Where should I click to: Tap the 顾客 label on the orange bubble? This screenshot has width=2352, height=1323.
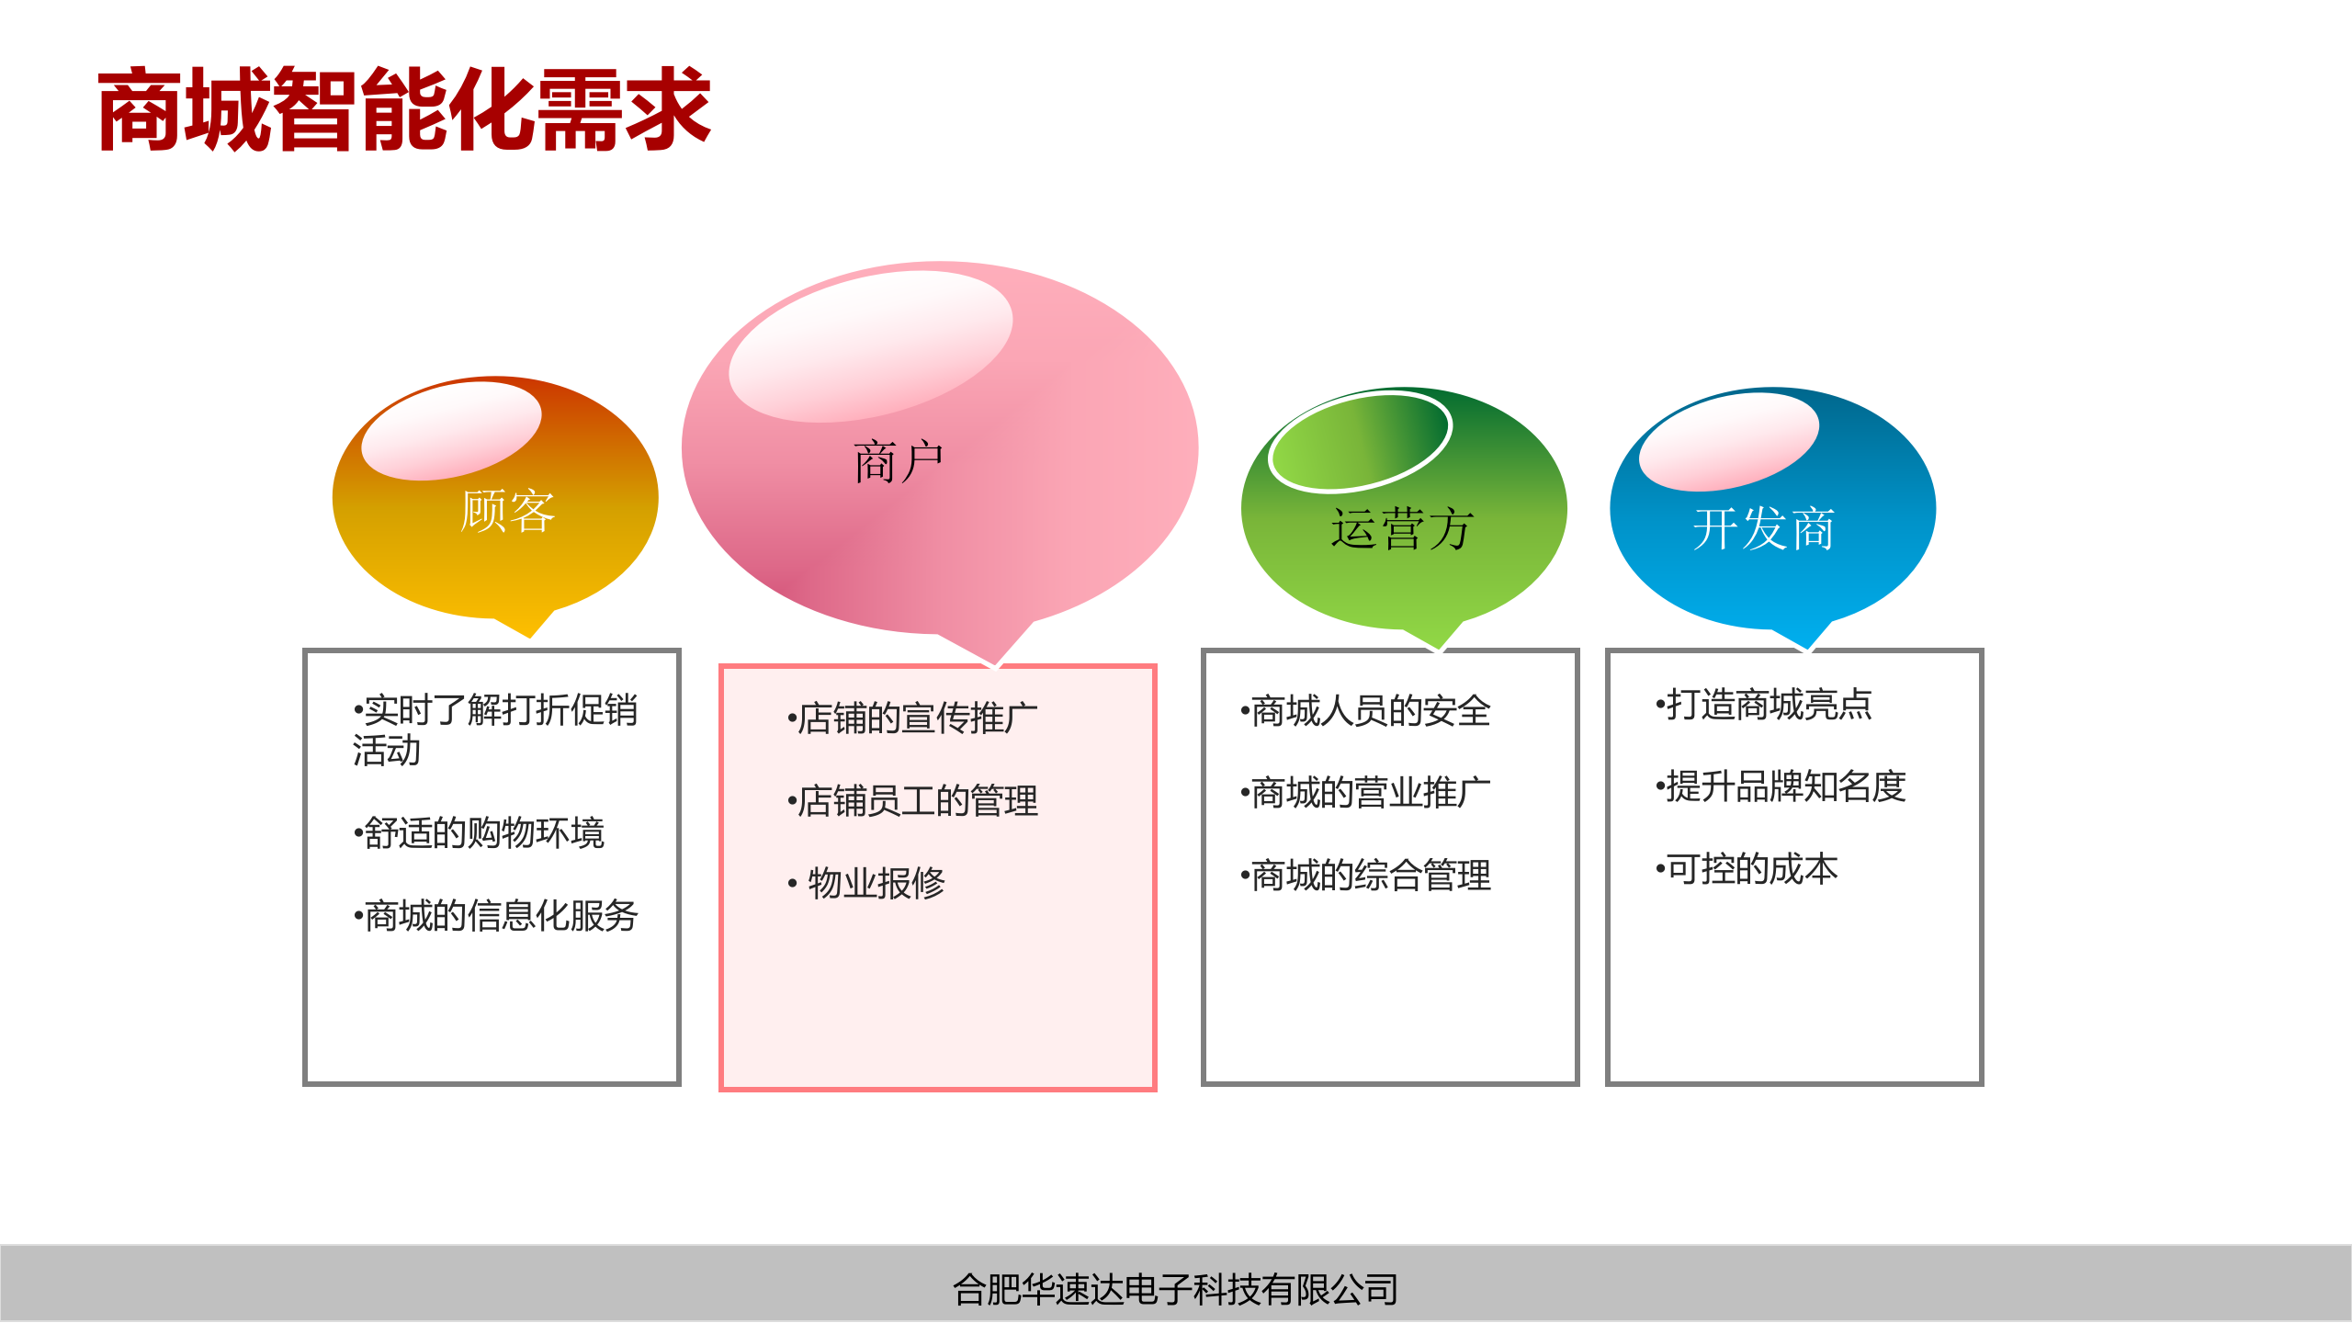[507, 511]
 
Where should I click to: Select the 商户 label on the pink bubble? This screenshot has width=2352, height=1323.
[899, 461]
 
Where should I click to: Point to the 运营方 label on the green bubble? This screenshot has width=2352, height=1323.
[1402, 529]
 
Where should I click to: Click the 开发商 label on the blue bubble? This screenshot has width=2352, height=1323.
[1764, 529]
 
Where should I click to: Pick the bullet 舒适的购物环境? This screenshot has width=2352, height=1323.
[480, 833]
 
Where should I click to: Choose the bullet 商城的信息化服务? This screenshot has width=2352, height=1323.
[496, 916]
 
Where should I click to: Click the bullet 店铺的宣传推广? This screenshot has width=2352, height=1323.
[913, 718]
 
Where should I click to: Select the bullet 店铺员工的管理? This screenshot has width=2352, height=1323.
[913, 801]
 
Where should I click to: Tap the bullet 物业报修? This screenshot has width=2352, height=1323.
[868, 884]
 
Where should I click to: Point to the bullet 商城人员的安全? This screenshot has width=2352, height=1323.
[1365, 711]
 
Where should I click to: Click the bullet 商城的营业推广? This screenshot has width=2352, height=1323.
[1365, 793]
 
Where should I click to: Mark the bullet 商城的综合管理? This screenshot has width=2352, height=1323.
[1365, 876]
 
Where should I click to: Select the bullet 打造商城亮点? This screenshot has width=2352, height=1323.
[1764, 705]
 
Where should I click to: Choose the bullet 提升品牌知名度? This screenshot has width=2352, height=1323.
[1781, 786]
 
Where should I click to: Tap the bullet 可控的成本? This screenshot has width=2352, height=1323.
[1747, 869]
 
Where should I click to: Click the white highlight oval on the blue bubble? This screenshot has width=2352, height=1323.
[1729, 439]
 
